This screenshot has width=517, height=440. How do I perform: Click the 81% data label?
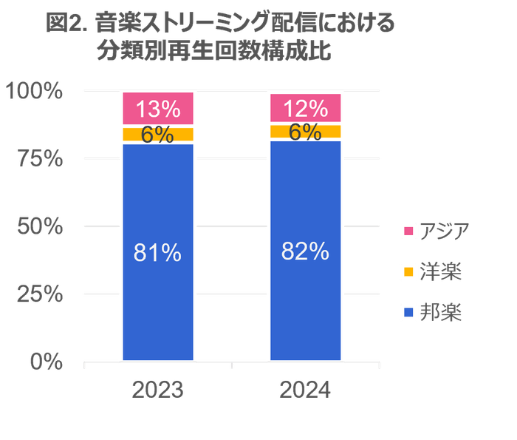click(157, 253)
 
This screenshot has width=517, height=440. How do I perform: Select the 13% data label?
click(158, 109)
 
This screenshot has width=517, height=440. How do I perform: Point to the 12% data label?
click(306, 109)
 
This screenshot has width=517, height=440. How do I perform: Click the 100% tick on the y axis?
click(35, 91)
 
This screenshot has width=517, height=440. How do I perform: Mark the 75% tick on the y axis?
click(40, 159)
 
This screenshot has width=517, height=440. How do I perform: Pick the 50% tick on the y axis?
click(40, 226)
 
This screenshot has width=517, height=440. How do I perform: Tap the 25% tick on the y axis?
click(40, 294)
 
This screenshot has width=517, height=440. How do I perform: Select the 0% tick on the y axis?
click(46, 362)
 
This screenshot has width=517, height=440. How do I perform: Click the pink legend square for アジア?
click(408, 231)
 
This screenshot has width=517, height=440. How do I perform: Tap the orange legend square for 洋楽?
click(408, 271)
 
